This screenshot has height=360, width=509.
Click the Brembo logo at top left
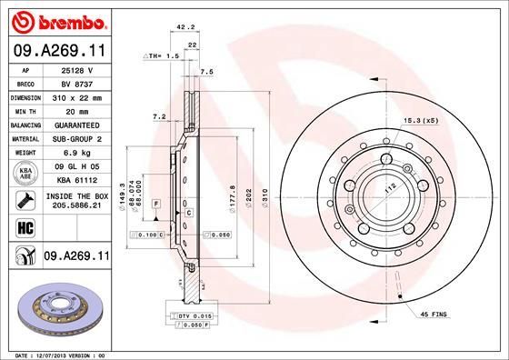click(56, 20)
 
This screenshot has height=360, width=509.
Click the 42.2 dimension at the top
click(185, 27)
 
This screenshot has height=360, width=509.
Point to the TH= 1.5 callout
click(162, 56)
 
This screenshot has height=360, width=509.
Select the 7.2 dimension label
click(159, 116)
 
